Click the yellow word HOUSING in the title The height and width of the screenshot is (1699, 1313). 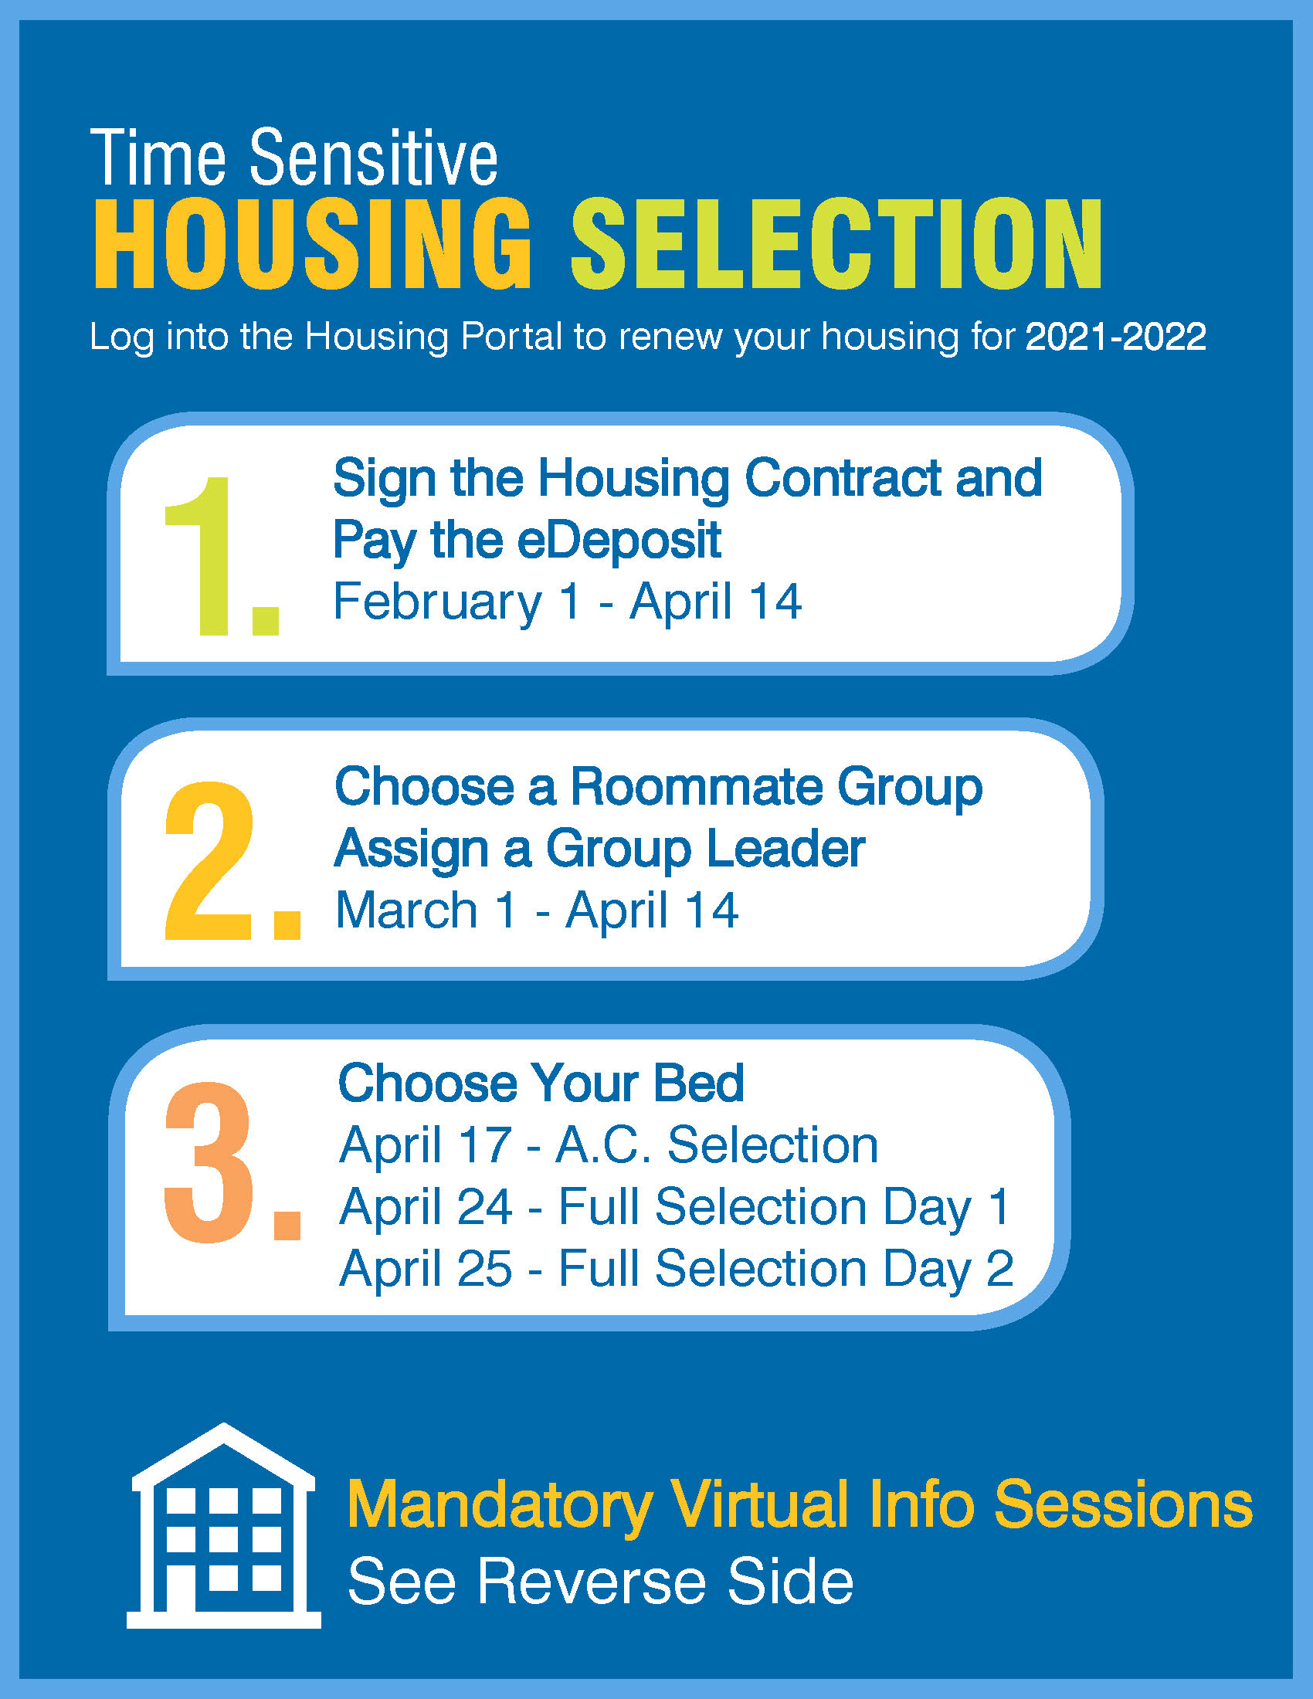click(x=313, y=243)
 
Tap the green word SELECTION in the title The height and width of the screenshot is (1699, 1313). click(x=837, y=243)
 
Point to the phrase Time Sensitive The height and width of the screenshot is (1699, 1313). click(x=294, y=158)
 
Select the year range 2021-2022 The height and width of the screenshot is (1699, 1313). click(x=1115, y=337)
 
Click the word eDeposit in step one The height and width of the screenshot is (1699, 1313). click(x=619, y=540)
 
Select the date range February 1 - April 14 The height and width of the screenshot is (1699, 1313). click(x=567, y=602)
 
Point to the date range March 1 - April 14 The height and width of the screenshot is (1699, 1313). click(x=537, y=911)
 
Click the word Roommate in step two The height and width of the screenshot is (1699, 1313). click(x=696, y=786)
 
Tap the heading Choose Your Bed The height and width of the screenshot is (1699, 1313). click(x=541, y=1083)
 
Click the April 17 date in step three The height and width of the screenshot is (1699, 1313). click(x=426, y=1145)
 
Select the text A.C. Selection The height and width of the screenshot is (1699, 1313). click(x=718, y=1145)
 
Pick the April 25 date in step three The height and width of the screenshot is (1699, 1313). click(x=426, y=1269)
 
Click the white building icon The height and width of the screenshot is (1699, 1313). click(x=224, y=1526)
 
